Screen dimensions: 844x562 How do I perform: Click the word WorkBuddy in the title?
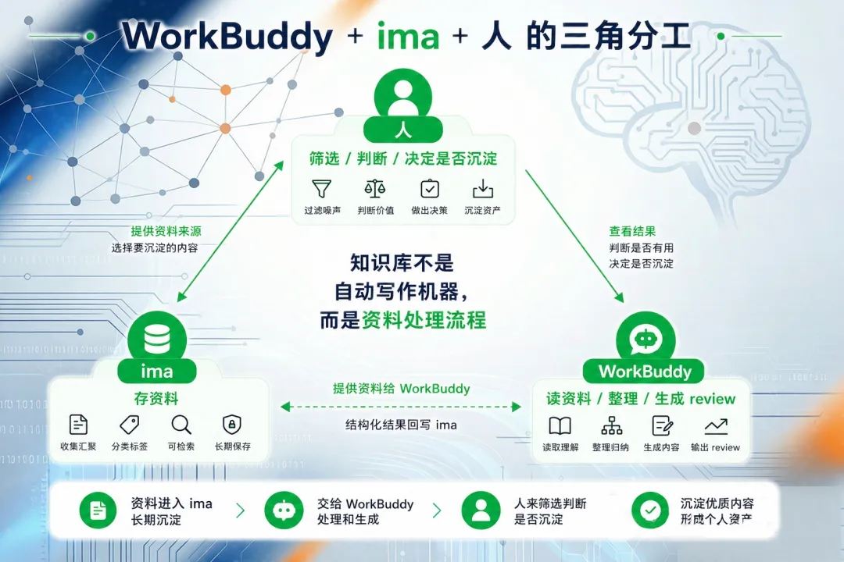pos(227,37)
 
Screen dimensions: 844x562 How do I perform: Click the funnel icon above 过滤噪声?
pos(321,189)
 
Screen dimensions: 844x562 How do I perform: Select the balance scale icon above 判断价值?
pos(375,189)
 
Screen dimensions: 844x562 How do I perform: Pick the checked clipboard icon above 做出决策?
pos(430,188)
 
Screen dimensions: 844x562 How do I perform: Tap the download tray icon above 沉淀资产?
pos(483,189)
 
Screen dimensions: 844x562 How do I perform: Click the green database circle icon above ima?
pos(157,339)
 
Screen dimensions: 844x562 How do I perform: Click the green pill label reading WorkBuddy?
pos(644,371)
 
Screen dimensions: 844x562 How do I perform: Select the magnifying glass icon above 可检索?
pos(181,425)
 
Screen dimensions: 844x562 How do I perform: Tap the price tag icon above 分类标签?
pos(129,425)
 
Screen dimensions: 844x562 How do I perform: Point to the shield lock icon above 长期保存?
pos(232,425)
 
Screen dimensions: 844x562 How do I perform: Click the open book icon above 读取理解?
pos(560,426)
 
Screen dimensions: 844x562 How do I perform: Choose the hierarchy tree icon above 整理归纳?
pos(611,426)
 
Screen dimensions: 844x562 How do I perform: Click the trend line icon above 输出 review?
pos(716,426)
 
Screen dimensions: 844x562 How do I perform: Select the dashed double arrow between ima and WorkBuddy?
pos(401,407)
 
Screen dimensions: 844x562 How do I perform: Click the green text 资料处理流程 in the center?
pos(424,320)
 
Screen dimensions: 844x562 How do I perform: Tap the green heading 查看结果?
pos(632,231)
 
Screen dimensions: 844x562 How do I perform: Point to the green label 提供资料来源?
pos(166,231)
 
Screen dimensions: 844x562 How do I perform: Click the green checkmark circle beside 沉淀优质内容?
pos(650,510)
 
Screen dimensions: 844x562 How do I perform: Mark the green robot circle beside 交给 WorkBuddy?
pos(284,510)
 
